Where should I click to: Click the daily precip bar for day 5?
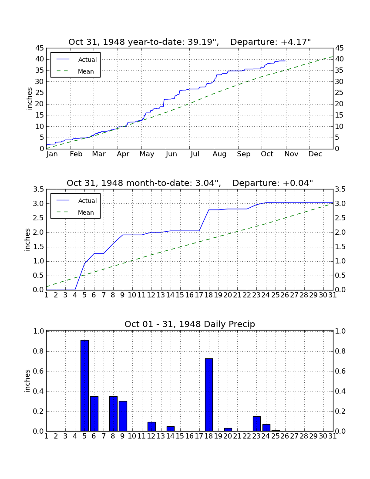click(84, 385)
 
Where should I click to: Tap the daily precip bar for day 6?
click(94, 414)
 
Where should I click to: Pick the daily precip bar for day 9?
click(123, 416)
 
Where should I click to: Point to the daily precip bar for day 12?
click(151, 427)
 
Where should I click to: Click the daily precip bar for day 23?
click(257, 424)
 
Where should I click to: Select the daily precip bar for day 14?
click(171, 428)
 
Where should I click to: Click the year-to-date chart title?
click(189, 42)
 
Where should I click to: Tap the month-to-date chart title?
click(190, 183)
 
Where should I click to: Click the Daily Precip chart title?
click(190, 324)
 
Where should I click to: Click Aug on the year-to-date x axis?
click(219, 154)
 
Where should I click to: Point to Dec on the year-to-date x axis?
click(315, 154)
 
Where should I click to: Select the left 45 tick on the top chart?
click(40, 48)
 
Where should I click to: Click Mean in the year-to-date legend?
click(86, 71)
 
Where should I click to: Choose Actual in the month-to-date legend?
click(87, 201)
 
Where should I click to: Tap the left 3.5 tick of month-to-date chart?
click(39, 189)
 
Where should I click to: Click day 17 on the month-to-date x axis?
click(199, 295)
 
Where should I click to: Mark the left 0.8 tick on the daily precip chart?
click(39, 351)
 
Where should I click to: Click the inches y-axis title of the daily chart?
click(27, 381)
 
